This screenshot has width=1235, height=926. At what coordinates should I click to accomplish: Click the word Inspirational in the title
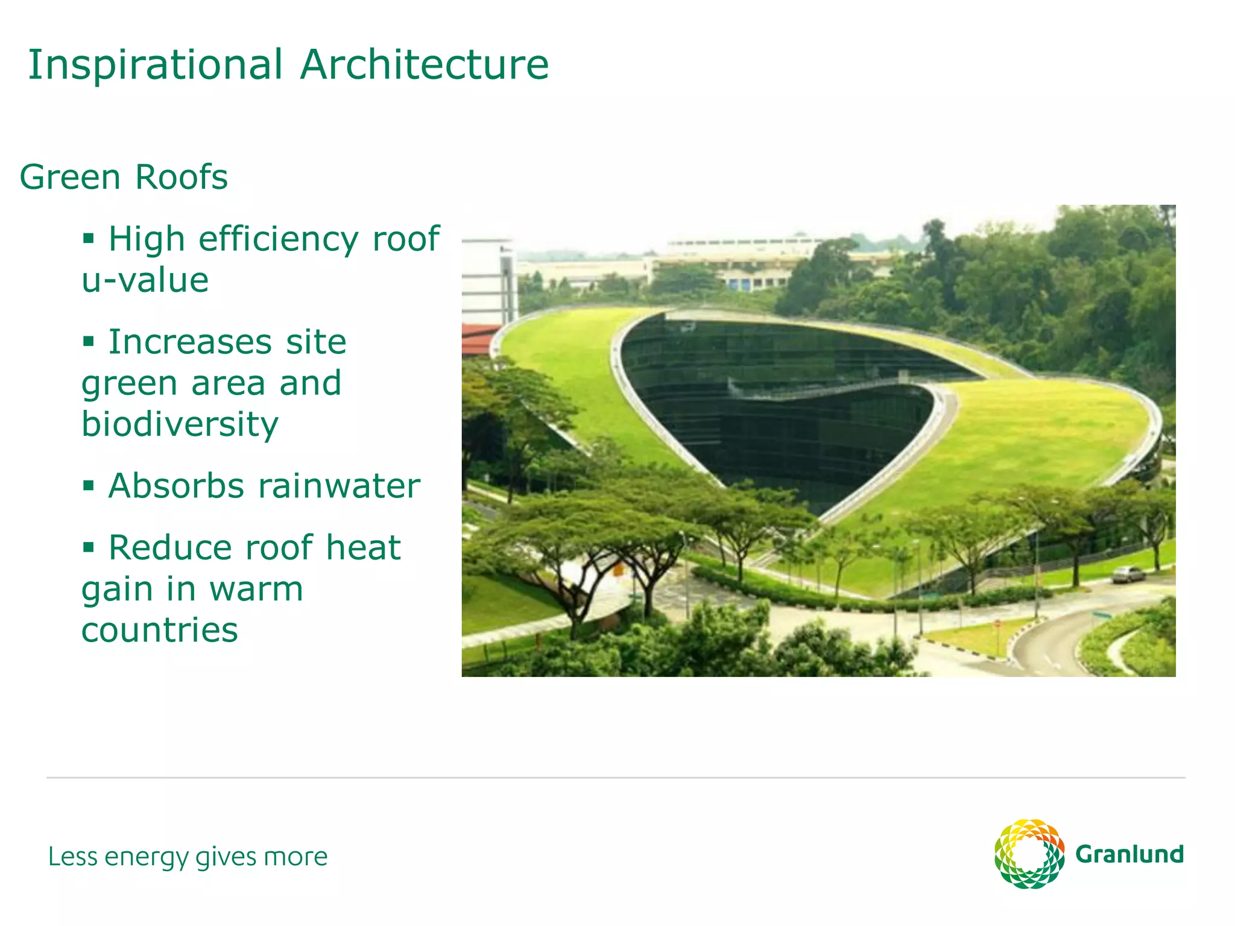click(x=155, y=65)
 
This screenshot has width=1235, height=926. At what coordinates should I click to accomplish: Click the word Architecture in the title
click(x=425, y=65)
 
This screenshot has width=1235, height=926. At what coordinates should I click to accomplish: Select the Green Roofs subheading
click(x=124, y=177)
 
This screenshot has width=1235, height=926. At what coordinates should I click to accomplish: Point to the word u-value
click(x=145, y=280)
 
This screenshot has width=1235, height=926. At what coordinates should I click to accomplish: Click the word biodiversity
click(x=180, y=424)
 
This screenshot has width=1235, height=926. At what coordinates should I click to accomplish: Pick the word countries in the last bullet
click(x=160, y=630)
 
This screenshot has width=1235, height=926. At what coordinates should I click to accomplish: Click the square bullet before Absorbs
click(x=89, y=485)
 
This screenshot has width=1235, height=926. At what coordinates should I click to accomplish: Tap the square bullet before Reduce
click(x=89, y=547)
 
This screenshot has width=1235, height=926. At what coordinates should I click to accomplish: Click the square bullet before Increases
click(x=89, y=342)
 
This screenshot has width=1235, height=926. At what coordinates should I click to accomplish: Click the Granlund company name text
click(x=1129, y=855)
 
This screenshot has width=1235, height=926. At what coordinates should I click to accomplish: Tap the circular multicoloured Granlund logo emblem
click(x=1029, y=854)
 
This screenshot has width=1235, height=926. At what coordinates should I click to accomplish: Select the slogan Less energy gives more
click(x=188, y=857)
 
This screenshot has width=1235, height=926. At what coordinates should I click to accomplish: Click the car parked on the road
click(x=1128, y=574)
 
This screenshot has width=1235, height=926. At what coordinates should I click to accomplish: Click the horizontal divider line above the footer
click(x=615, y=778)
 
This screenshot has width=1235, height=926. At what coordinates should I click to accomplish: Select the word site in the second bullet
click(x=316, y=342)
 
